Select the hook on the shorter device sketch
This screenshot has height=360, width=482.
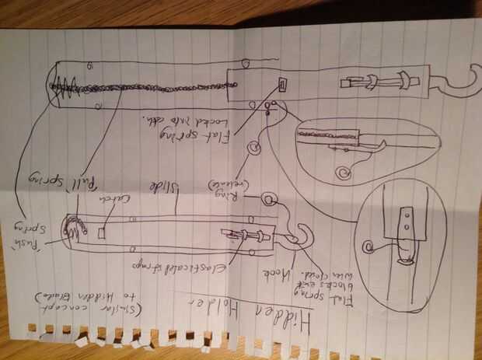coord(295,233)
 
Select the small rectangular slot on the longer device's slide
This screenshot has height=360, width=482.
coord(282,83)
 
